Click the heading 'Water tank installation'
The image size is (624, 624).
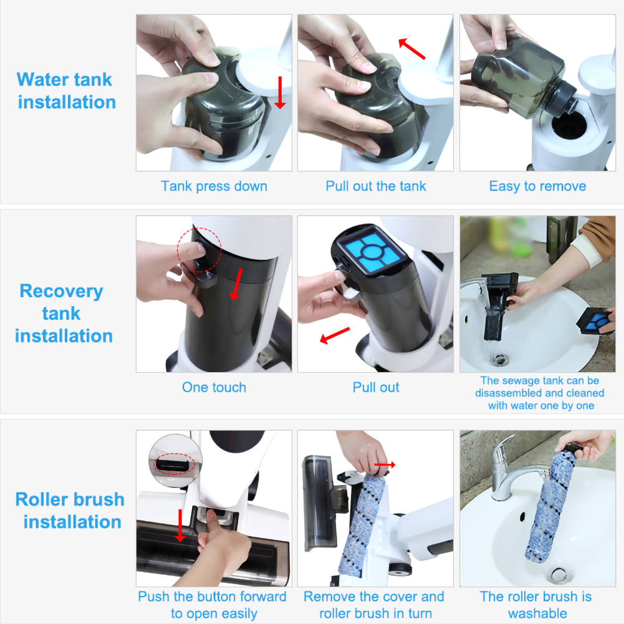pos(66,90)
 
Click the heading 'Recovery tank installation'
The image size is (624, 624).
pos(63,313)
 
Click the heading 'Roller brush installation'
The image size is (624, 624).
pos(70,510)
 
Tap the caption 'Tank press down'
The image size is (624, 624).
pos(214,186)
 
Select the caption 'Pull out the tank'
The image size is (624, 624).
pos(376,186)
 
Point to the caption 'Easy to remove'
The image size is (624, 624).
pos(537,186)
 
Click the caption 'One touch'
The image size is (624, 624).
pos(214,387)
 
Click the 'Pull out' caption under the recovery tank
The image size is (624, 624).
pos(376,387)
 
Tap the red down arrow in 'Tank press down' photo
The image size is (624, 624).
pos(280,93)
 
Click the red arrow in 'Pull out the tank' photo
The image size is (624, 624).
pos(412,49)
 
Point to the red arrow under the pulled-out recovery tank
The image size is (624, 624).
pos(335,337)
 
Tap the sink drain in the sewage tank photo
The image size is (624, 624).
pos(501,359)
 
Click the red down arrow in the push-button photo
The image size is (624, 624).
pos(181,525)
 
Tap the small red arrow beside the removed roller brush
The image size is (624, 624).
pos(385,465)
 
